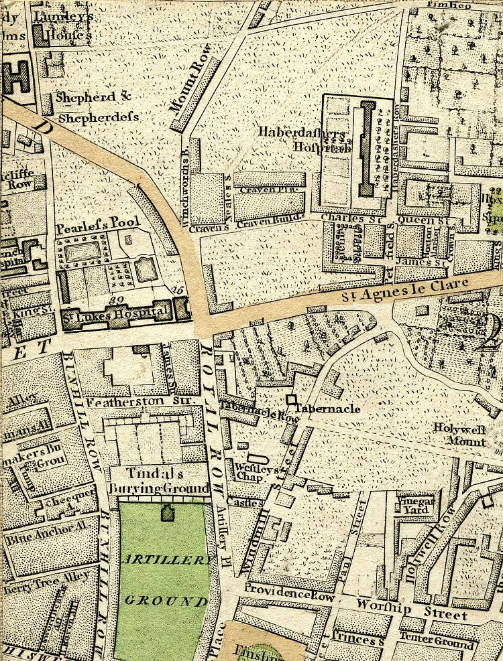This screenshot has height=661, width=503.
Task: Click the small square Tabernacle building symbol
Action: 291,400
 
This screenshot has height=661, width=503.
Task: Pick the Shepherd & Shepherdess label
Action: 97,106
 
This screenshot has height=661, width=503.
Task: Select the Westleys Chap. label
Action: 245,471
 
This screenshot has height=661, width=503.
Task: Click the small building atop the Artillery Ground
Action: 165,514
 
